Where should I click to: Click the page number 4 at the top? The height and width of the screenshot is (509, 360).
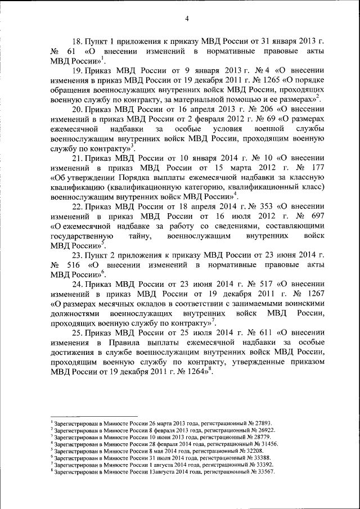[186, 19]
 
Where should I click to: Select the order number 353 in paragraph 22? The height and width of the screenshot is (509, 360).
[255, 206]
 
